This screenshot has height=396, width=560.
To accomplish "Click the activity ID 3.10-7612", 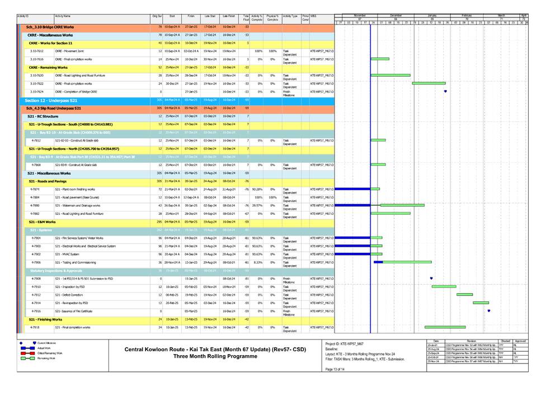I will [37, 51].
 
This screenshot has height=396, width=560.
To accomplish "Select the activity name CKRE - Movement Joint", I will [69, 51].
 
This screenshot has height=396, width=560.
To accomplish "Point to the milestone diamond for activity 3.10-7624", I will [445, 91].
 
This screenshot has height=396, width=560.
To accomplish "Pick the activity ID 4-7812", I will [36, 140].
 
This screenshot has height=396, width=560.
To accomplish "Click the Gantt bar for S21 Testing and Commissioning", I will [407, 262].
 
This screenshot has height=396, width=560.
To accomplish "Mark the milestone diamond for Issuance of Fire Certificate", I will [489, 311].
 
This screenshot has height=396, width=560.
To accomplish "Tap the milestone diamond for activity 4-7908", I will [431, 278].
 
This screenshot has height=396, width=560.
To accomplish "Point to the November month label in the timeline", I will [360, 16].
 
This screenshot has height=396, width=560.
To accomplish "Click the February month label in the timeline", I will [467, 16].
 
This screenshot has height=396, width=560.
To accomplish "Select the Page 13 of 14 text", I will [336, 370].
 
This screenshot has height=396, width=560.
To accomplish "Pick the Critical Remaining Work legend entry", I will [50, 353].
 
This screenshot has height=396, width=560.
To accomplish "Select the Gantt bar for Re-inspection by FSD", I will [481, 303].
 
